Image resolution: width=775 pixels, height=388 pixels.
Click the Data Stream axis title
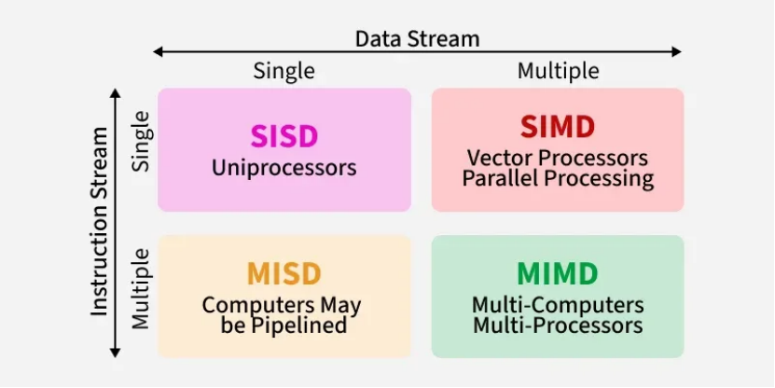417,38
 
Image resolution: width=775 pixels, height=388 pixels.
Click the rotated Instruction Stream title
101,222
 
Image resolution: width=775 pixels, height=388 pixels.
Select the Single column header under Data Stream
284,71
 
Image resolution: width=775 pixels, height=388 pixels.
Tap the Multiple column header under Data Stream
558,71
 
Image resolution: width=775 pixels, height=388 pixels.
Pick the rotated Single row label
141,140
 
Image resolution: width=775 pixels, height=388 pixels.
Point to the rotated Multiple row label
141,288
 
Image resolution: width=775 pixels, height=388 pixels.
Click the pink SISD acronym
284,136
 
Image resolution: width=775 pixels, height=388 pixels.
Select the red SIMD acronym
558,128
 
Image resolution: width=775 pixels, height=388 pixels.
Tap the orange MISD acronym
284,274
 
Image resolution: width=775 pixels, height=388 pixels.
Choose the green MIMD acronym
558,274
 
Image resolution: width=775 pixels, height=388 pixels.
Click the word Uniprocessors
284,169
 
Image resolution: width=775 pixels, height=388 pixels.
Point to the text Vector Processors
558,159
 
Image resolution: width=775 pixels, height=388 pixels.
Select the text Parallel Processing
558,178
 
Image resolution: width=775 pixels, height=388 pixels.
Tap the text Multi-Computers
558,305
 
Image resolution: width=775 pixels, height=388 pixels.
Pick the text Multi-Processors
558,326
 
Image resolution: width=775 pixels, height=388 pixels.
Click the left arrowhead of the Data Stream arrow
158,51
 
